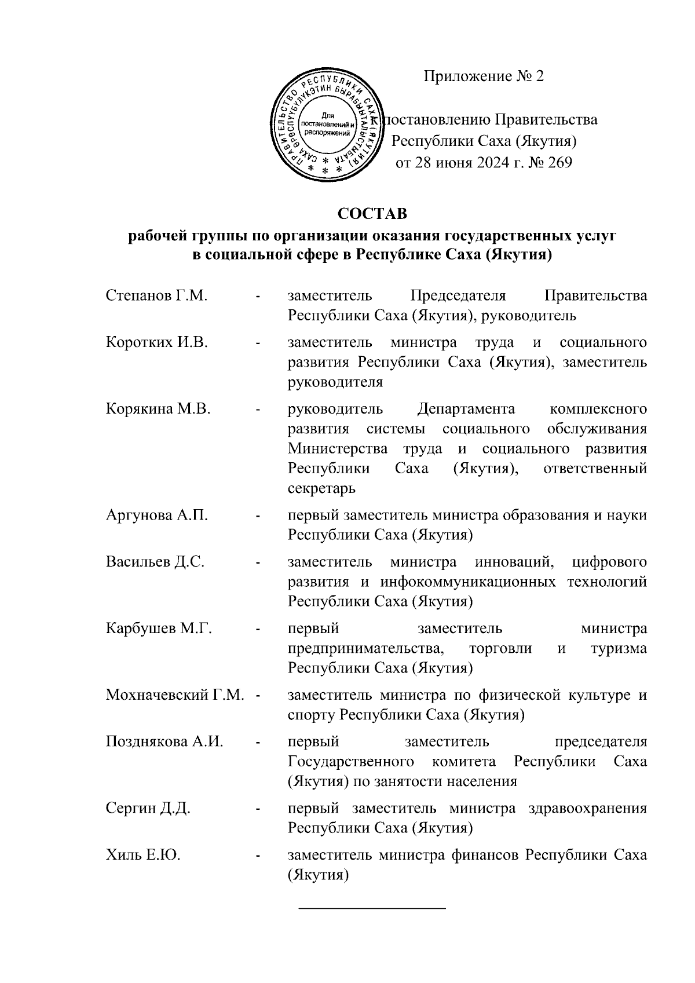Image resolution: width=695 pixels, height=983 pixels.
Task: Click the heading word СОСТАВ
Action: point(372,214)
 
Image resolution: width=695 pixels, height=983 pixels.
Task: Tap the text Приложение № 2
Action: point(484,76)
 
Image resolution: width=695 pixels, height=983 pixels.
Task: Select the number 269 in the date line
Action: point(559,163)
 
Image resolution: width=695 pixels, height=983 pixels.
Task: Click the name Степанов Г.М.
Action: point(156,296)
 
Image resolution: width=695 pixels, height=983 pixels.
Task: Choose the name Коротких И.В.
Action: point(157,343)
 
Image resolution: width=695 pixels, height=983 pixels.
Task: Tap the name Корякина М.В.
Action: point(158,410)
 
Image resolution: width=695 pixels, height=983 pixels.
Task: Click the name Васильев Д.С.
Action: point(155,562)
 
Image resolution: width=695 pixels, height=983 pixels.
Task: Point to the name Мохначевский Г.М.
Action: point(175,695)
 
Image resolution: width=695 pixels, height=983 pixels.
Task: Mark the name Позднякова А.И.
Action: point(164,742)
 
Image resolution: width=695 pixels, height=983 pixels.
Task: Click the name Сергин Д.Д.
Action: point(148,809)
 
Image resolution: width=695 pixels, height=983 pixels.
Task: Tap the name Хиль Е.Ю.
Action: point(143,856)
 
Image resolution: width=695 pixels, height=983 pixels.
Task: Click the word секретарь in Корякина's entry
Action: point(321,489)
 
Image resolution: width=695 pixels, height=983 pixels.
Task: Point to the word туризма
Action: point(618,649)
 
